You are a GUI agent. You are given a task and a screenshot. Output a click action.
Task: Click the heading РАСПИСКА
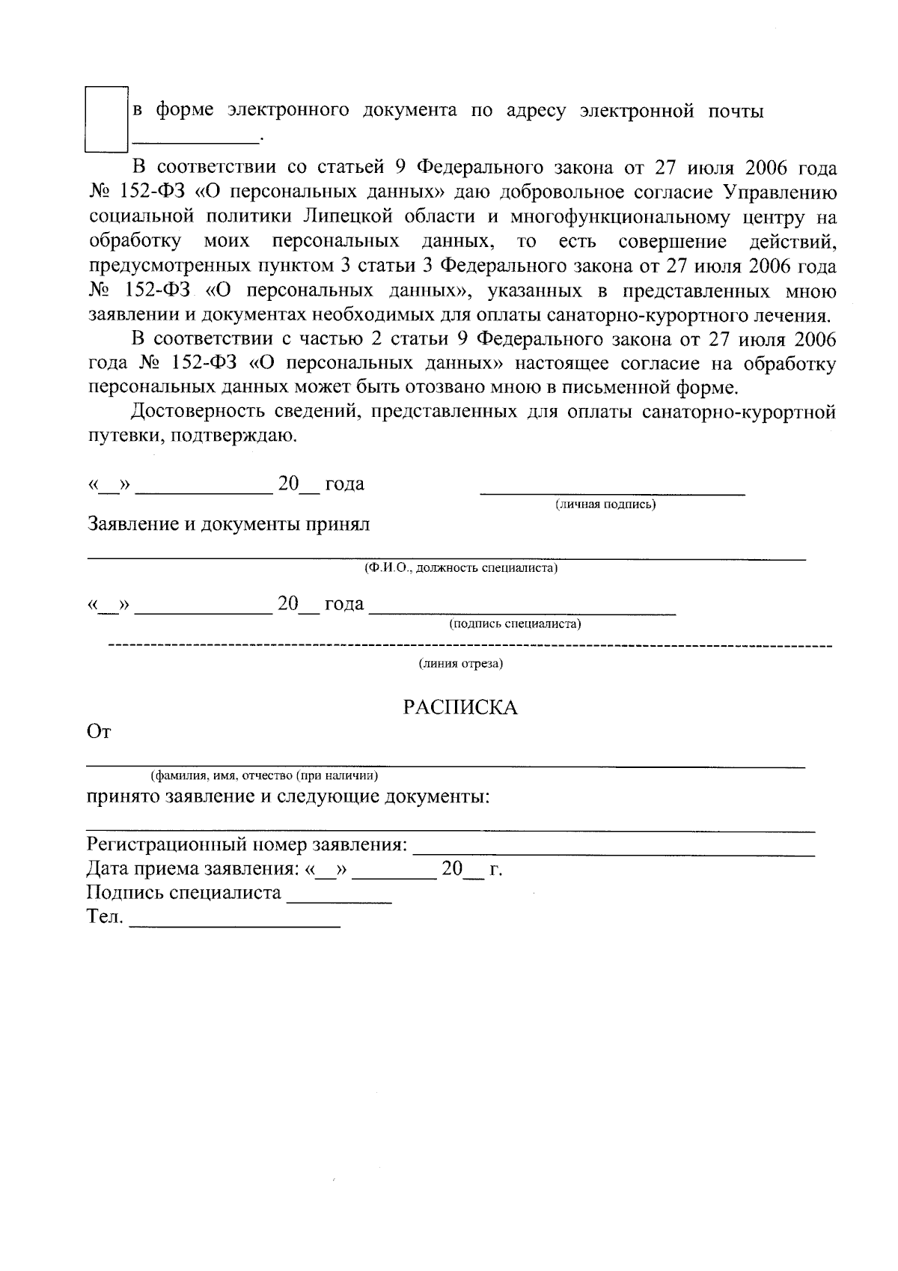pyautogui.click(x=460, y=708)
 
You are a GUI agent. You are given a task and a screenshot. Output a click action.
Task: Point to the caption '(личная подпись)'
pyautogui.click(x=605, y=505)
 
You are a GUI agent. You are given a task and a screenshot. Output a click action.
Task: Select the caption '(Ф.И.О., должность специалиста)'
pyautogui.click(x=461, y=568)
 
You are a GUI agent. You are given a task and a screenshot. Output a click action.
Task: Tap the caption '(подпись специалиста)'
pyautogui.click(x=515, y=624)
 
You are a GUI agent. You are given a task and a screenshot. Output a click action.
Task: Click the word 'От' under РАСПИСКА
pyautogui.click(x=99, y=733)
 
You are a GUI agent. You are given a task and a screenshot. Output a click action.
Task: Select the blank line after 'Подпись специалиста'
pyautogui.click(x=340, y=902)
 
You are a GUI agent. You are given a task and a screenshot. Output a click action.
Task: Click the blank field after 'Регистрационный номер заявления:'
pyautogui.click(x=614, y=854)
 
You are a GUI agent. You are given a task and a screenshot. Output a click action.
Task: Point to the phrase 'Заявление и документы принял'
pyautogui.click(x=229, y=524)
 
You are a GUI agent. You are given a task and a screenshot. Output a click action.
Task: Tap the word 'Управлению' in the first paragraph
pyautogui.click(x=780, y=192)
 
